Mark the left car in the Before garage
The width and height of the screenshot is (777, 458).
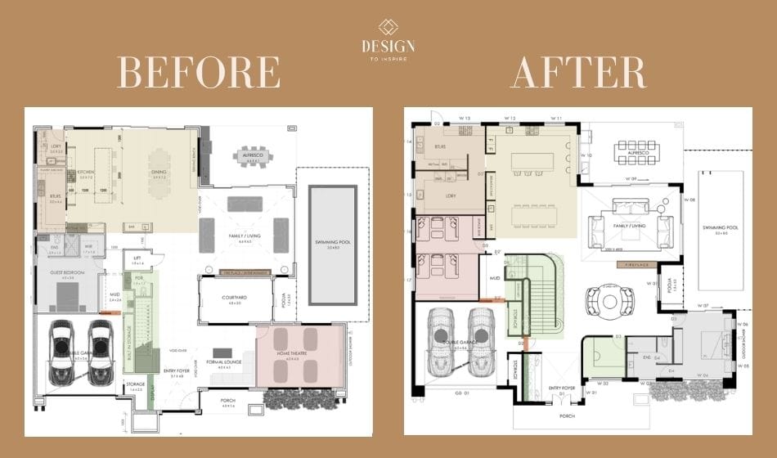click(62, 352)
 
